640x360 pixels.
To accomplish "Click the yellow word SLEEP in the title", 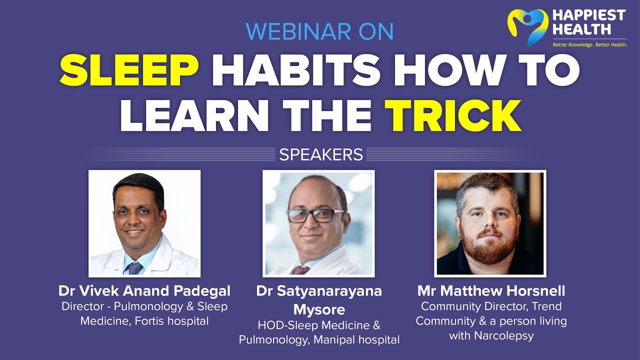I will coord(129,71).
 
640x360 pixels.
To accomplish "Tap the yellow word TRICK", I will coord(456,116).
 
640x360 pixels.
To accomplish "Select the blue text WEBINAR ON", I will coord(319,31).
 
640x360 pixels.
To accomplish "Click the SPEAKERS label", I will coord(321,154).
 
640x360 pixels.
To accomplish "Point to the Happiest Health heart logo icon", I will coord(527,26).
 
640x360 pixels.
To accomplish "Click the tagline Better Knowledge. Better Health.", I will coord(589,45).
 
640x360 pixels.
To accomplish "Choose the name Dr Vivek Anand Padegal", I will coord(144,290).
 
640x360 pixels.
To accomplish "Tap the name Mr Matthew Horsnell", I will coord(491,290).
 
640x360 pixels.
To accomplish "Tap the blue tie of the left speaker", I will coord(135,268).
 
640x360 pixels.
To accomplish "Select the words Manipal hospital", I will coord(356,340).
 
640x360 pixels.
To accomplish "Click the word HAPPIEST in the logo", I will coord(588,15).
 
